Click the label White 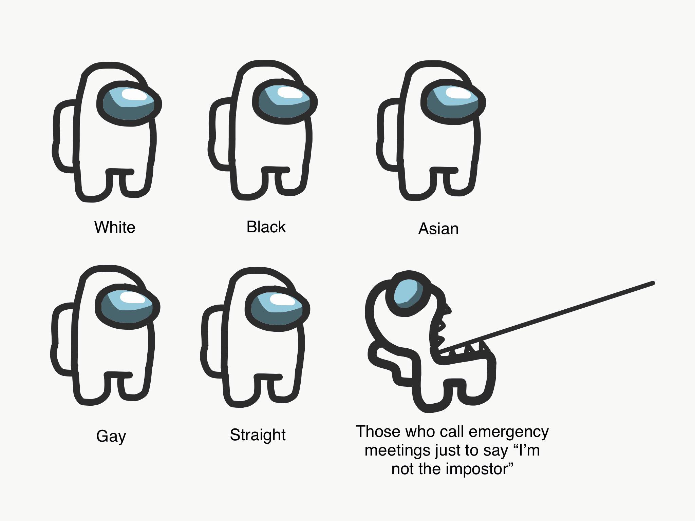115,227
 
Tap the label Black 266,227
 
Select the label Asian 438,228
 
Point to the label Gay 111,436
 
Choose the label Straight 258,435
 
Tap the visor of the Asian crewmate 453,101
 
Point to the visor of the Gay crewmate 128,306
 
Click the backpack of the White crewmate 64,136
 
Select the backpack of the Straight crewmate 213,341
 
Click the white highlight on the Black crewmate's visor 290,92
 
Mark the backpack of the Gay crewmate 63,339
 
